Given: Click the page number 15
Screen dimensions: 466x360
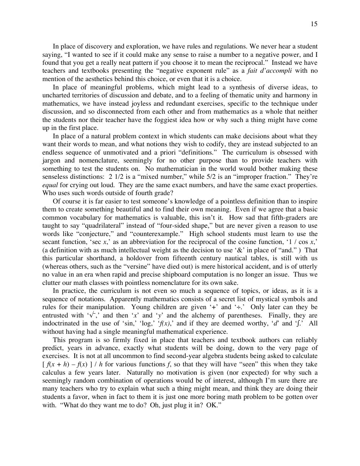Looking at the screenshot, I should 314,24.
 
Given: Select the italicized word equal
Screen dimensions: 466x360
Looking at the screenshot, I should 49,185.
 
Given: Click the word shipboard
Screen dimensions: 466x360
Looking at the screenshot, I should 212,275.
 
